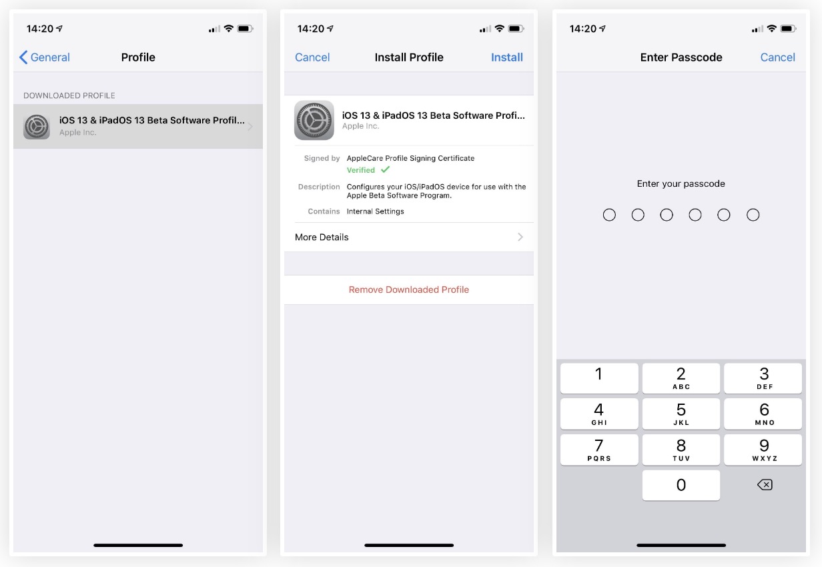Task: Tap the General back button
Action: [45, 57]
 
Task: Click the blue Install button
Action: [507, 57]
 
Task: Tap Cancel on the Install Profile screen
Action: [312, 57]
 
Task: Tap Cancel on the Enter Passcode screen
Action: [777, 57]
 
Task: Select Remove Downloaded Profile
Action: [409, 290]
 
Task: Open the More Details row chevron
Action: [520, 237]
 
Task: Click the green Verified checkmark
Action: [386, 169]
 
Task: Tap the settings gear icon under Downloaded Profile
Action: [36, 127]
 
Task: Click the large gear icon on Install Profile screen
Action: [314, 120]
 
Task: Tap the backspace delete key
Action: [765, 485]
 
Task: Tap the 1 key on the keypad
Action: [599, 378]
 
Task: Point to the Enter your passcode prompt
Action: [681, 183]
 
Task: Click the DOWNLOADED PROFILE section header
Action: [69, 95]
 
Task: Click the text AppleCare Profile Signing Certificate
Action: [410, 158]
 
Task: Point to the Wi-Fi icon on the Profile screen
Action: [229, 28]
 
